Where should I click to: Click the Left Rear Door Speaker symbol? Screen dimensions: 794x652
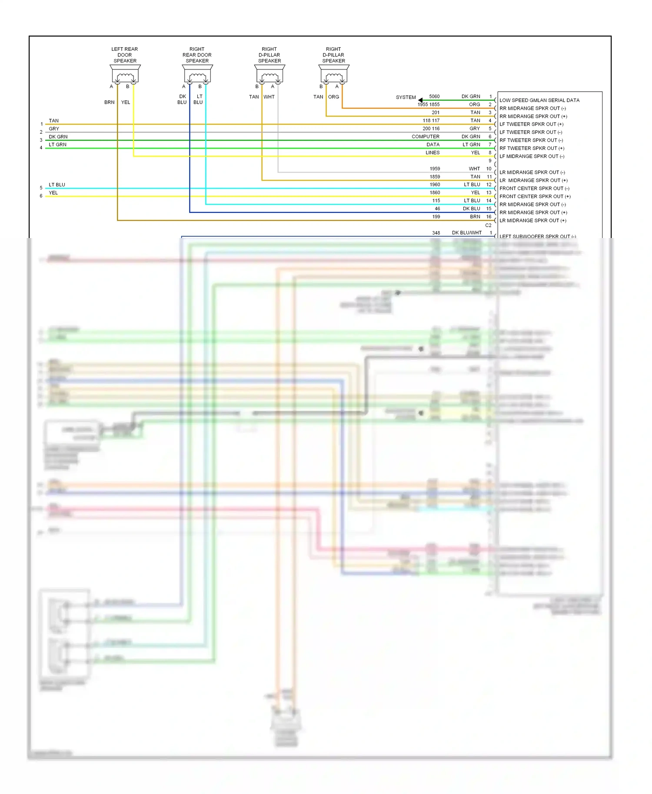click(125, 74)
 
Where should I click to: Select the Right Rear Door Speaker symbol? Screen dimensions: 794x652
click(197, 74)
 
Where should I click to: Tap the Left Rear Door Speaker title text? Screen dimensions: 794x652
click(125, 55)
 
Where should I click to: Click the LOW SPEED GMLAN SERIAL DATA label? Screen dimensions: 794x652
click(539, 100)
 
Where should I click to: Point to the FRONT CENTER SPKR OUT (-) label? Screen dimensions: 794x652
click(534, 189)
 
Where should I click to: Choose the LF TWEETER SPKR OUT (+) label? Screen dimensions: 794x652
click(531, 124)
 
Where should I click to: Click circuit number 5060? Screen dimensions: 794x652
click(434, 96)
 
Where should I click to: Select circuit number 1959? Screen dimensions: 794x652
click(435, 169)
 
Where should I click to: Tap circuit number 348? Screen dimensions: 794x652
click(436, 233)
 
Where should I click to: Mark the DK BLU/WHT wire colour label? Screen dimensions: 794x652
click(466, 233)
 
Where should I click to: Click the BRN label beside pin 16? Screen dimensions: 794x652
click(475, 217)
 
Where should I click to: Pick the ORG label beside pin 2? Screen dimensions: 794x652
click(474, 105)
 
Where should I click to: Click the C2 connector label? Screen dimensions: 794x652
click(488, 225)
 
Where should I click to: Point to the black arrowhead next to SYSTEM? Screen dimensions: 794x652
click(420, 100)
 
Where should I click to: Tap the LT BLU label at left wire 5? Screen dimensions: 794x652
click(57, 185)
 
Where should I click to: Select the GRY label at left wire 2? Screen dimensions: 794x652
click(54, 129)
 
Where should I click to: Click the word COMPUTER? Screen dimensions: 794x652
click(426, 136)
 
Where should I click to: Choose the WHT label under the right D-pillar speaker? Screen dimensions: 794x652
click(269, 97)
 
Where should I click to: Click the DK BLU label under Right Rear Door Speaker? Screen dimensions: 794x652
click(182, 99)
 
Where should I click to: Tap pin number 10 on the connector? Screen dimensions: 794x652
click(489, 169)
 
